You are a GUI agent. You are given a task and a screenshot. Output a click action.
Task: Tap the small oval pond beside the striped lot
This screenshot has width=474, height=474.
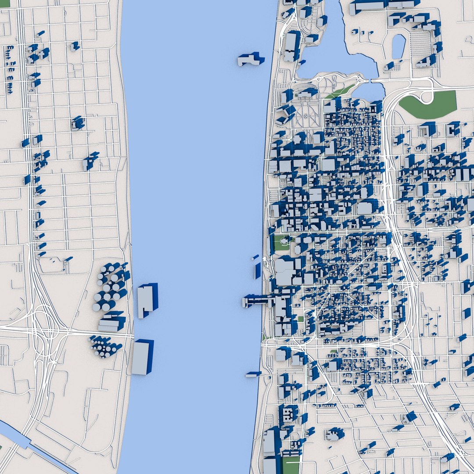click(x=399, y=46)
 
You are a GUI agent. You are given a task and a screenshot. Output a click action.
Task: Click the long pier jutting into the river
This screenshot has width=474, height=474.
click(x=259, y=301)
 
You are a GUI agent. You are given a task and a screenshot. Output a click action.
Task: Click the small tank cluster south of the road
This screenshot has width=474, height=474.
click(x=104, y=346)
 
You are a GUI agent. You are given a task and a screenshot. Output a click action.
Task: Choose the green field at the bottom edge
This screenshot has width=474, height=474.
click(x=291, y=464)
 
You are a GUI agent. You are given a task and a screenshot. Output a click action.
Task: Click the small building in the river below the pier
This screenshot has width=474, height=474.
click(x=253, y=374)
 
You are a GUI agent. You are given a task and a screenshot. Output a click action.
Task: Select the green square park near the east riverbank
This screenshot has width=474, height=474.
click(x=281, y=243)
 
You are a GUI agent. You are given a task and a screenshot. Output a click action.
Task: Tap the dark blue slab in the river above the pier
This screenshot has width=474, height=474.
click(x=258, y=270)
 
